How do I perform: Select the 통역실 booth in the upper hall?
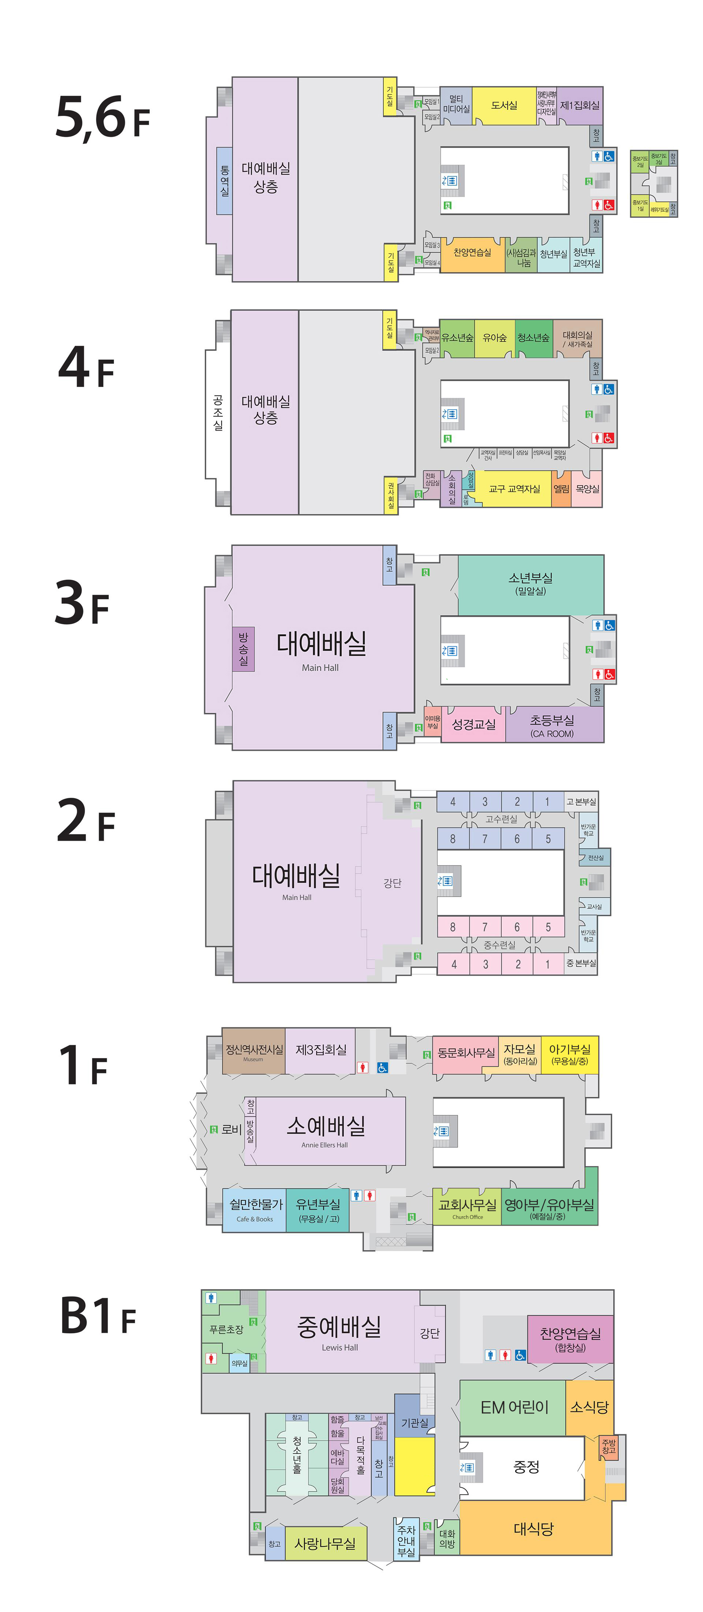click(224, 181)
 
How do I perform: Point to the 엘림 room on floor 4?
click(561, 489)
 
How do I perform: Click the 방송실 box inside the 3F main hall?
click(243, 649)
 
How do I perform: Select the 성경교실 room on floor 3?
click(473, 725)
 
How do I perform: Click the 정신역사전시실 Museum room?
click(253, 1051)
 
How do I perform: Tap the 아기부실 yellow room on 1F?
click(569, 1054)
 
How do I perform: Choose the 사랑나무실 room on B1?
click(324, 1544)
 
